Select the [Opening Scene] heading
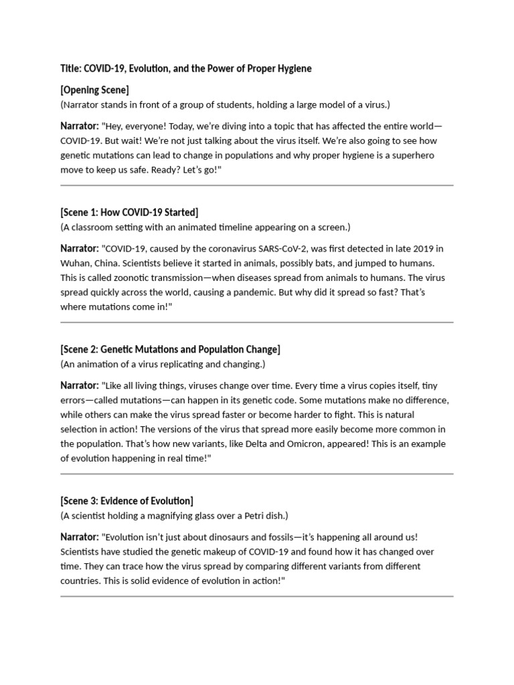pos(94,90)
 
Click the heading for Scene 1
pos(129,213)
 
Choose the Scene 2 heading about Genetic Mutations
pos(170,349)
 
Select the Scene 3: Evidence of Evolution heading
pos(126,500)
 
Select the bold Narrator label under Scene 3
pos(79,537)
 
